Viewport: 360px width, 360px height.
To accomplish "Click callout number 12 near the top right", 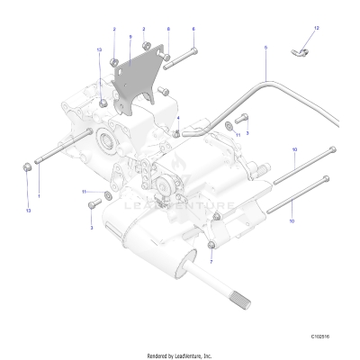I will (x=316, y=29).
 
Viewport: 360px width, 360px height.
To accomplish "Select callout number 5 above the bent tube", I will (x=265, y=45).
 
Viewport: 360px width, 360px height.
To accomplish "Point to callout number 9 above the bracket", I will (x=130, y=37).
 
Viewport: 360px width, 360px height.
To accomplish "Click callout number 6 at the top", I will (x=168, y=30).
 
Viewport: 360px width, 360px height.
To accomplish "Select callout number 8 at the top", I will (x=193, y=30).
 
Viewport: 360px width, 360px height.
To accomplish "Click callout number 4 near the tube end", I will (x=179, y=118).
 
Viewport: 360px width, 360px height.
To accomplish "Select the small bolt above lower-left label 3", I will (x=93, y=206).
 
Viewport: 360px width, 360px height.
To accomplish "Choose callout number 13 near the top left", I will (x=98, y=50).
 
